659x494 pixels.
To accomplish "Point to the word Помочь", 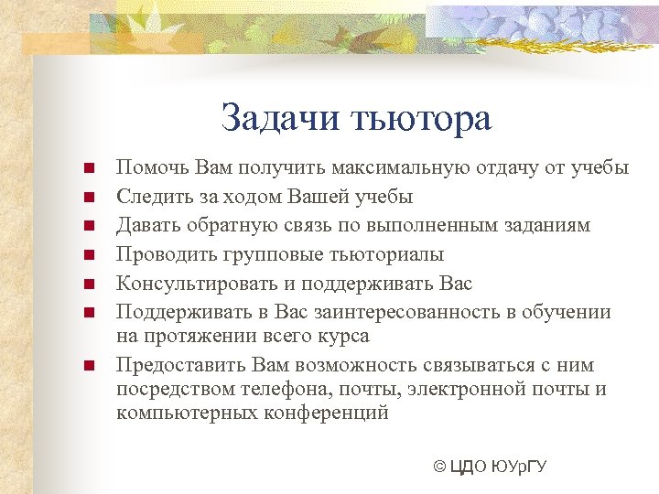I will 150,167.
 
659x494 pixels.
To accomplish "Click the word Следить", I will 153,196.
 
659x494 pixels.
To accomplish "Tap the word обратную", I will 222,225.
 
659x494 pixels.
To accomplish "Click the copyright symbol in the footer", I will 439,467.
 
